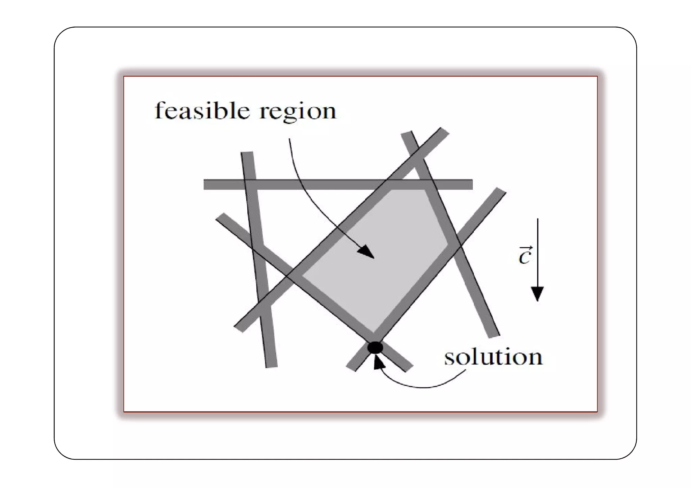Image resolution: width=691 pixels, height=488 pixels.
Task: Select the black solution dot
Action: pos(375,347)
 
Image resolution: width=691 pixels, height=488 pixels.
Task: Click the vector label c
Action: pos(525,256)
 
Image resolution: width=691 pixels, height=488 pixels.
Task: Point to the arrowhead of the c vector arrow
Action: pos(537,293)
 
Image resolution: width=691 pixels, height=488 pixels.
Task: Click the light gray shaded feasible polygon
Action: pos(375,260)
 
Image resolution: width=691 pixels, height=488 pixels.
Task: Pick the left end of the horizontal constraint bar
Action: pos(206,184)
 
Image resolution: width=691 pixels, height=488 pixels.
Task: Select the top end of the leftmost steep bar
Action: pos(247,154)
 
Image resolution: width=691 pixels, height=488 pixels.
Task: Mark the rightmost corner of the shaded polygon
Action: pos(447,243)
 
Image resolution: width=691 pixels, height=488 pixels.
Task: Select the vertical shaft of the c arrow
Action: pos(537,253)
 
